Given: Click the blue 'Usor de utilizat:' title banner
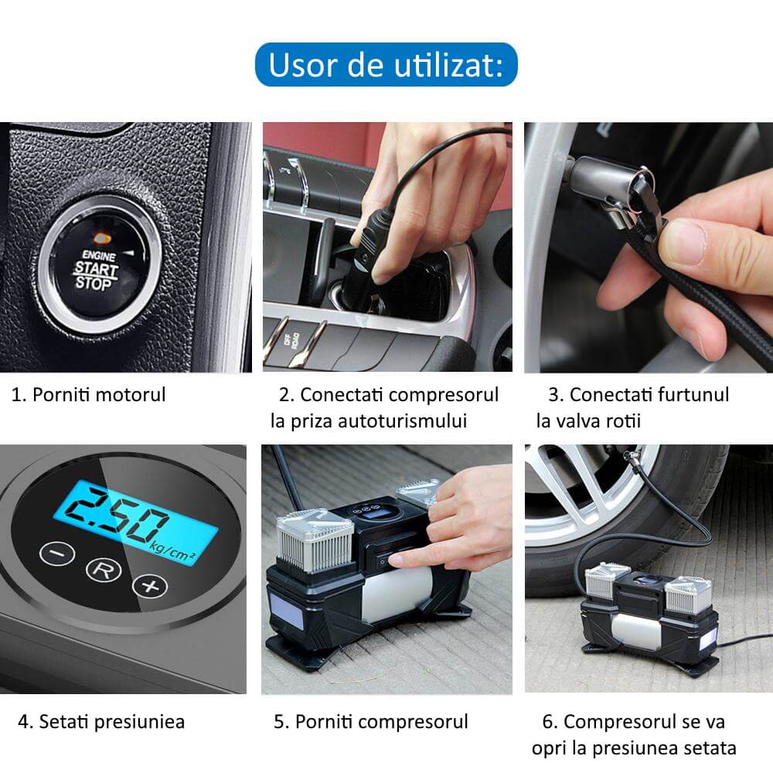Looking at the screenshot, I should (x=386, y=65).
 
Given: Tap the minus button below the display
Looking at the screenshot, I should (x=57, y=553).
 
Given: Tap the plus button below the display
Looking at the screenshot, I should (x=150, y=585).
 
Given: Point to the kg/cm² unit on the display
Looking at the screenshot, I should (x=172, y=551).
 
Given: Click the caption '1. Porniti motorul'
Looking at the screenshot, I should (x=89, y=395).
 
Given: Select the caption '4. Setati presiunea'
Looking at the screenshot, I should (x=102, y=722).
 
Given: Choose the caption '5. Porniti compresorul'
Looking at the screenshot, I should (x=371, y=722).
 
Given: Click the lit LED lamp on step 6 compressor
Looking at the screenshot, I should (x=707, y=642).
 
